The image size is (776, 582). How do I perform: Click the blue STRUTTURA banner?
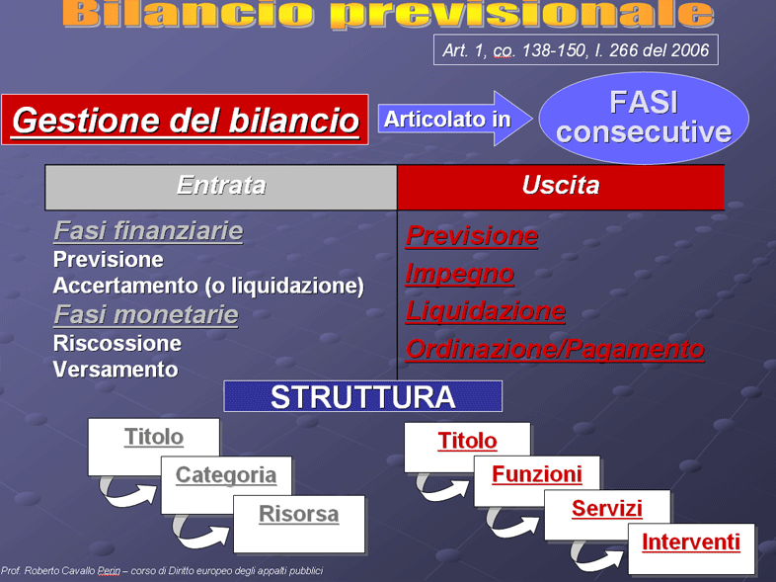coord(362,396)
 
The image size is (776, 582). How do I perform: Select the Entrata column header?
coord(221,187)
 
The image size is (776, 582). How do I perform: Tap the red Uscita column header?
coord(561,187)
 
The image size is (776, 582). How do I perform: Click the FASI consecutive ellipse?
coord(644,118)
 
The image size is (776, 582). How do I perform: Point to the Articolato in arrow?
coord(455,119)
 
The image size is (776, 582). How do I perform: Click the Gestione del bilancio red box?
coord(185,120)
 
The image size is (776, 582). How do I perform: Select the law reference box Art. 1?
coord(576,49)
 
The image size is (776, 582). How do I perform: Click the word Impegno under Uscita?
coord(460,274)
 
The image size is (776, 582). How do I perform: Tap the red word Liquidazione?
coord(486,311)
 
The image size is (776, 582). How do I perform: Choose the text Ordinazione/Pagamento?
coord(555,349)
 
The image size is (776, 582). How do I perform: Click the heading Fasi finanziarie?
coord(148,231)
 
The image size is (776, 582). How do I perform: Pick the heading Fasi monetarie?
coord(146,315)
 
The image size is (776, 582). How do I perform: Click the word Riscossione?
coord(117,343)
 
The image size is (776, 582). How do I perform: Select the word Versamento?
coord(116,370)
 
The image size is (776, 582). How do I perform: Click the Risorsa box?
coord(299,524)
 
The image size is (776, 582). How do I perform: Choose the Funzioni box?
coord(537,480)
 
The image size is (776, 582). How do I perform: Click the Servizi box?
coord(607,515)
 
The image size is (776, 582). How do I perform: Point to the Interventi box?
coord(691,548)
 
